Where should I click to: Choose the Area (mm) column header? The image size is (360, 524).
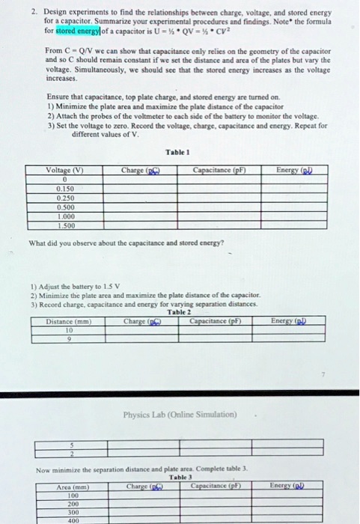(72, 487)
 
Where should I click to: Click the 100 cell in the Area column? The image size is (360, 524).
(72, 496)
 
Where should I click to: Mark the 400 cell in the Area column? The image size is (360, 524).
(72, 520)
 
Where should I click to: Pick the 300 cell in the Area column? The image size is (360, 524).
(72, 512)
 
